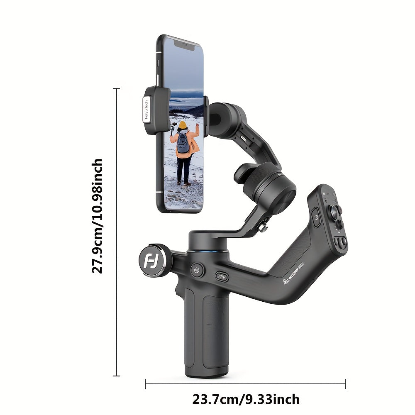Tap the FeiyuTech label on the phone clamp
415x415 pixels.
tap(146, 110)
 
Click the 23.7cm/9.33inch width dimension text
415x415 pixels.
tap(246, 400)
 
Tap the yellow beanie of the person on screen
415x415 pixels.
tap(183, 125)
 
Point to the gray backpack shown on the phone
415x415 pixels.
tap(183, 143)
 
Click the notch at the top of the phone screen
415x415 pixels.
tap(184, 45)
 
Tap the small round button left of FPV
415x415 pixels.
tap(197, 269)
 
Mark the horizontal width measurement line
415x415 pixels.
tap(246, 384)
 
